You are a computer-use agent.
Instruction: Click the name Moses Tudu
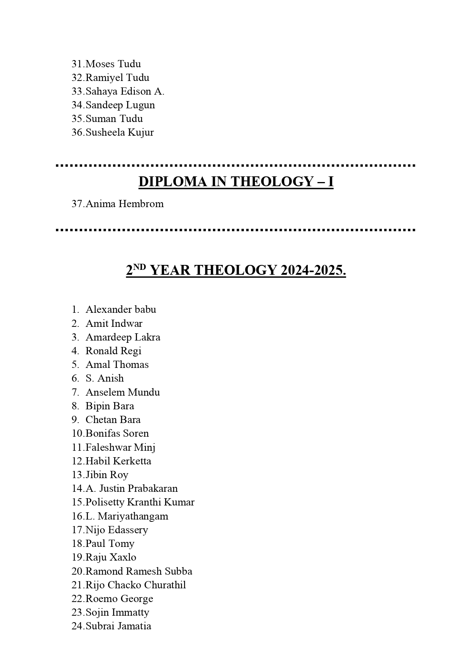tap(113, 64)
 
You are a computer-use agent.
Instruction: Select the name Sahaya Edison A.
tap(125, 91)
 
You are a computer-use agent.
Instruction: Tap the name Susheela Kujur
tap(119, 133)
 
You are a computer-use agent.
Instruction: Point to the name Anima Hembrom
tap(124, 204)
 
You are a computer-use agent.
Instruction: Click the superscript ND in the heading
tap(140, 267)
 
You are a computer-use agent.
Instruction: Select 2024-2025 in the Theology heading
tap(313, 270)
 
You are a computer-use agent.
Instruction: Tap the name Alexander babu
tap(121, 309)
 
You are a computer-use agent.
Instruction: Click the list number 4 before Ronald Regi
tap(75, 351)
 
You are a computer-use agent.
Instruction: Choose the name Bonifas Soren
tap(117, 433)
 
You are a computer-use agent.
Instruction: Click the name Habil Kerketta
tap(118, 461)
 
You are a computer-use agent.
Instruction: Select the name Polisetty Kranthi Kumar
tap(140, 502)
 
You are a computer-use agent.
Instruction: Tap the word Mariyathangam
tap(133, 516)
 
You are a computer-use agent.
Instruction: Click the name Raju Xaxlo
tap(111, 557)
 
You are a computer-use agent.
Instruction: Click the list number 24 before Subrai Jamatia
tap(78, 626)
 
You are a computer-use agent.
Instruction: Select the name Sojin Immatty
tap(117, 612)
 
